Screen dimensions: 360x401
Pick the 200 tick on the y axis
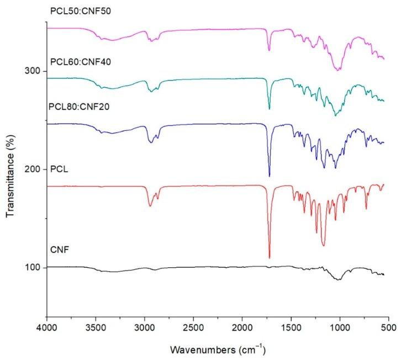point(34,169)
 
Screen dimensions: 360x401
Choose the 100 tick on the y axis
point(34,267)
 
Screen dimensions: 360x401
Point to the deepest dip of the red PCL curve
point(270,257)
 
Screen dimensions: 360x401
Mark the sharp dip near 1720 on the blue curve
point(270,176)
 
